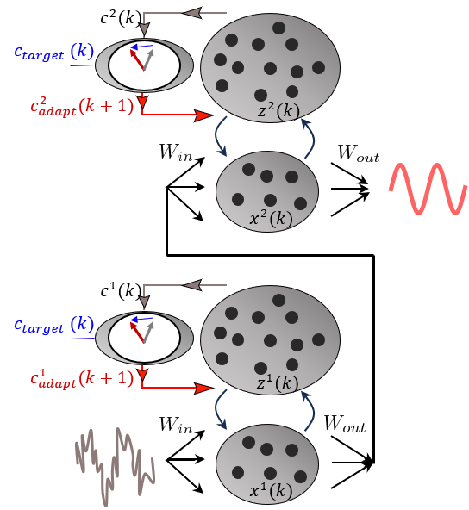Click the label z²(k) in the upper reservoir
(x=278, y=112)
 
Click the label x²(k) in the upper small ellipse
(x=271, y=219)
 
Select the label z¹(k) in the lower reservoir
(x=278, y=384)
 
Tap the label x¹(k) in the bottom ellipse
(x=271, y=492)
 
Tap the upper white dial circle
(x=144, y=65)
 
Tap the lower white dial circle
(x=144, y=339)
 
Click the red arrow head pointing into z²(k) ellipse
(x=203, y=115)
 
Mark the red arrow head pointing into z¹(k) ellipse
(x=203, y=389)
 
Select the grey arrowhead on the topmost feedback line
(x=193, y=13)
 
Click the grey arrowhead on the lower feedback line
(x=193, y=285)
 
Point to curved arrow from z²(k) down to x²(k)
(x=219, y=138)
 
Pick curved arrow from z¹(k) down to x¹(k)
(x=219, y=410)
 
